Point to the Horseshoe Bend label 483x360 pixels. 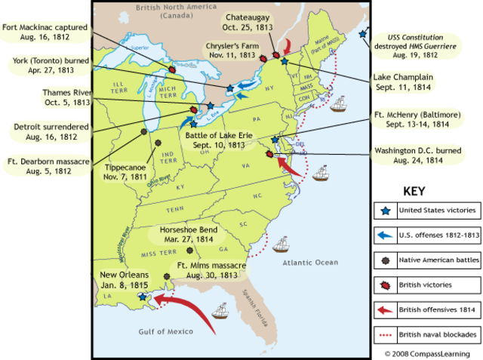189,232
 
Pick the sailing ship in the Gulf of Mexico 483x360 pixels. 221,310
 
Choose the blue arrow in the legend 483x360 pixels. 386,236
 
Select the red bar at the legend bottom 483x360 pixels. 385,334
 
